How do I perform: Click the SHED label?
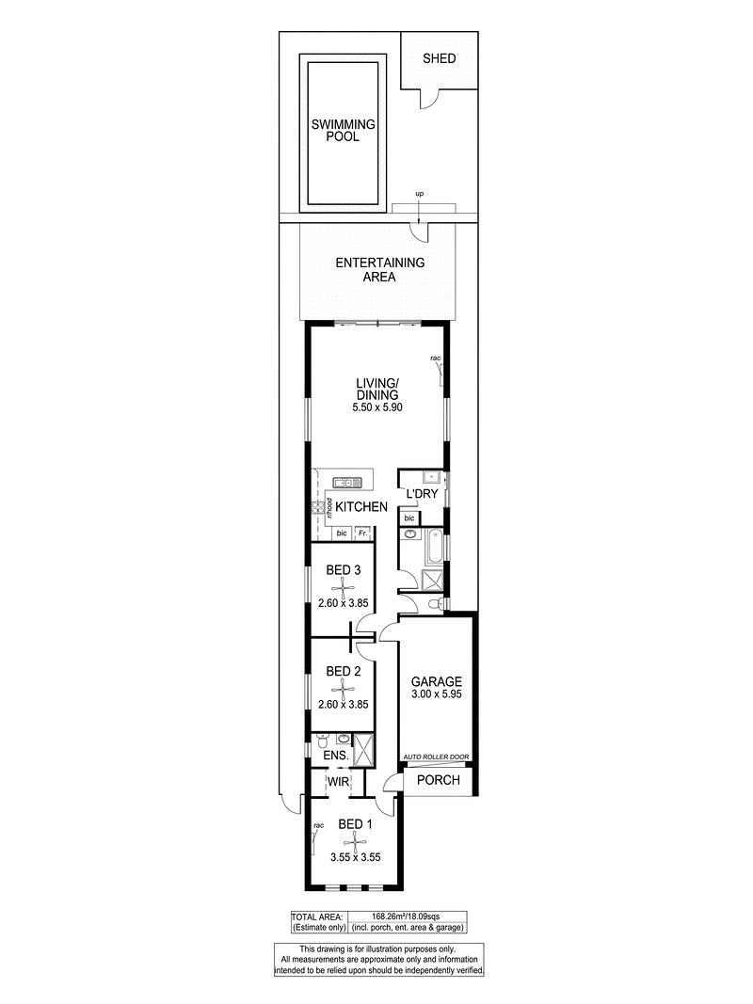click(x=440, y=58)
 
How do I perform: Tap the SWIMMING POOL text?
click(x=344, y=130)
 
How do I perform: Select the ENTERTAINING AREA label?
click(x=379, y=269)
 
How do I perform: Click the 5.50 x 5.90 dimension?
click(x=377, y=406)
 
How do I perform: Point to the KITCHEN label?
click(x=361, y=506)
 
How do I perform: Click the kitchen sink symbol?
click(x=346, y=482)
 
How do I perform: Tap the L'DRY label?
click(x=423, y=494)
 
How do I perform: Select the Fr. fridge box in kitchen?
click(x=362, y=533)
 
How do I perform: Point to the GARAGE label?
click(x=436, y=682)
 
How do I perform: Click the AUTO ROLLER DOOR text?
click(x=436, y=757)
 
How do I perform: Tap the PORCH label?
click(x=438, y=780)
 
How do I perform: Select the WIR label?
click(x=338, y=782)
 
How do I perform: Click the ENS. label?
click(x=336, y=756)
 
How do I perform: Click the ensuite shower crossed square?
click(x=363, y=749)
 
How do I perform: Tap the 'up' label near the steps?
click(x=420, y=194)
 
